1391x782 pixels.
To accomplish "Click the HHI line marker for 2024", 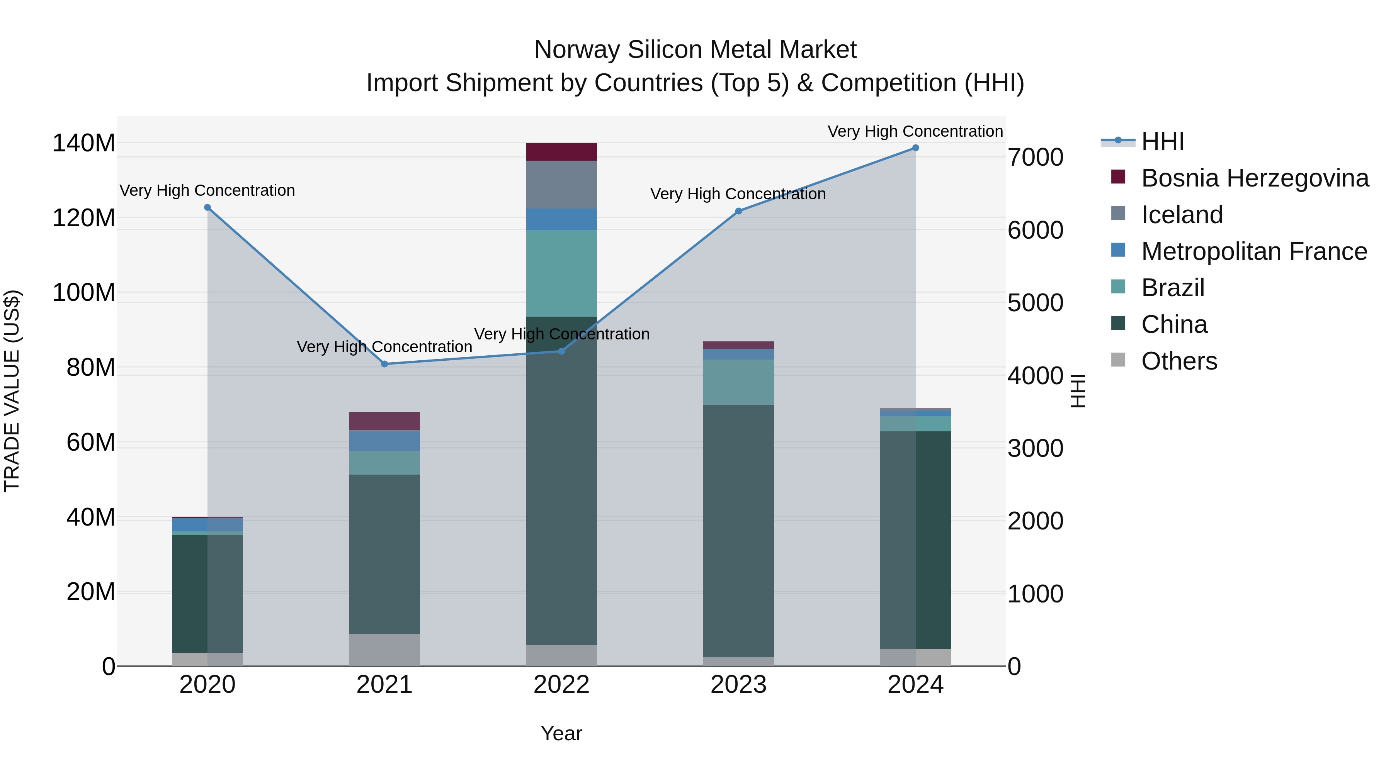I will coord(915,148).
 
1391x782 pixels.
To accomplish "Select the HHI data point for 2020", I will coord(207,208).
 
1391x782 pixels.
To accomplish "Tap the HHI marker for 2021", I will coord(384,364).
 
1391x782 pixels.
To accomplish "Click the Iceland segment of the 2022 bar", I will coord(561,185).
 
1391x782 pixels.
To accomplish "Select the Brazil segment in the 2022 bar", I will coord(561,273).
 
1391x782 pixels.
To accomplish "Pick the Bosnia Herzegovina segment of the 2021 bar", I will coord(384,421).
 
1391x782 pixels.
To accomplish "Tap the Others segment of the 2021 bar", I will coord(384,650).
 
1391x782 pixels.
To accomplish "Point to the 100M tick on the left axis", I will coord(84,293).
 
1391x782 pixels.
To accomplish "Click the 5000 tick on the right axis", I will coord(1035,303).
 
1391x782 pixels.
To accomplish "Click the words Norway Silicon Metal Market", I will coord(695,50).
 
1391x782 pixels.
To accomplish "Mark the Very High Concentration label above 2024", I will coord(915,132).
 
